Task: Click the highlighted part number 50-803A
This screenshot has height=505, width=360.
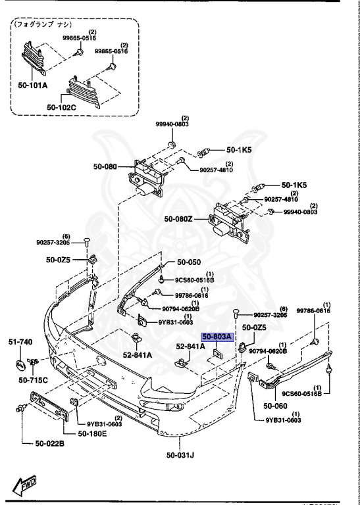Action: pyautogui.click(x=217, y=337)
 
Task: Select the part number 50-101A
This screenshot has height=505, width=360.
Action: pyautogui.click(x=32, y=85)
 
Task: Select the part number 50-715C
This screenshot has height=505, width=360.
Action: pyautogui.click(x=32, y=380)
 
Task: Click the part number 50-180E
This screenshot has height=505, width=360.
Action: pyautogui.click(x=95, y=433)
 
